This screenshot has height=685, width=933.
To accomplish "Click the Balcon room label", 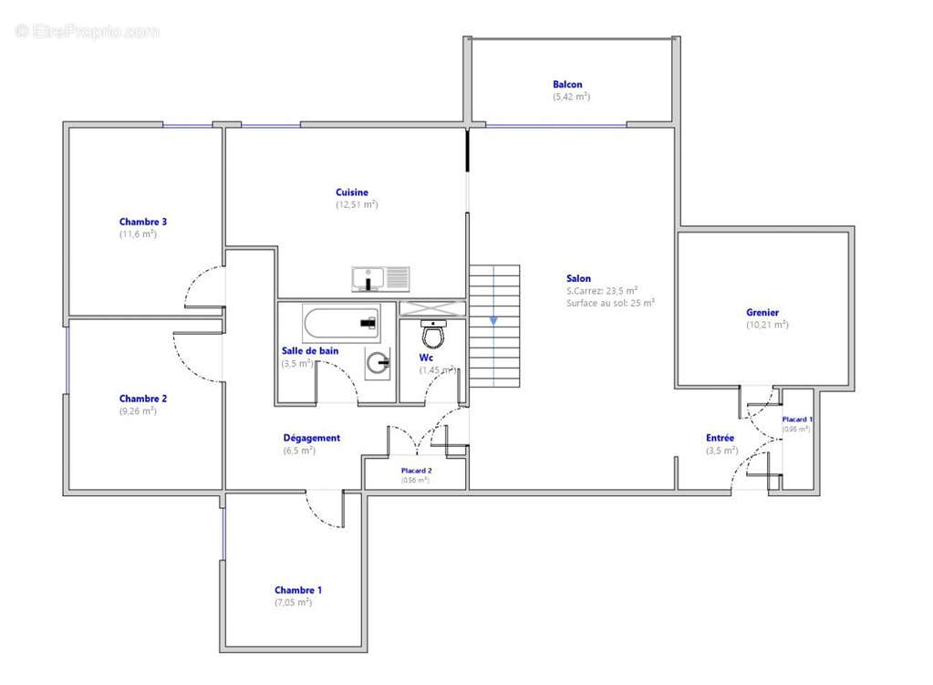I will pyautogui.click(x=567, y=85).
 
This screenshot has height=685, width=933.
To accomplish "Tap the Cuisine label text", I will pyautogui.click(x=352, y=192).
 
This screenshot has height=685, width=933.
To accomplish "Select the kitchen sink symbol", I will pyautogui.click(x=380, y=277).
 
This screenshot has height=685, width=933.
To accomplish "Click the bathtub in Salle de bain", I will pyautogui.click(x=340, y=323).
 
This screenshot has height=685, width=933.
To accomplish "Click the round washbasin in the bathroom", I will pyautogui.click(x=378, y=363).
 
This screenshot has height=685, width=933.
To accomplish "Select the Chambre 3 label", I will pyautogui.click(x=143, y=222).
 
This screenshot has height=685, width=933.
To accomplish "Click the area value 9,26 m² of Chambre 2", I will pyautogui.click(x=137, y=411).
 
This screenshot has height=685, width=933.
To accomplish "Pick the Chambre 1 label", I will pyautogui.click(x=298, y=590).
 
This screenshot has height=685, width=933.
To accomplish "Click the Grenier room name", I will pyautogui.click(x=762, y=313).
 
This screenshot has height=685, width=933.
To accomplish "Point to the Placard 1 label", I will pyautogui.click(x=796, y=420).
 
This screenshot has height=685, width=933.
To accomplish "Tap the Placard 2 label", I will pyautogui.click(x=416, y=471).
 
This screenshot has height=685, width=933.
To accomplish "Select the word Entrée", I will pyautogui.click(x=720, y=438).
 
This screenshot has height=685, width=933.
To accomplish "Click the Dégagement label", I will pyautogui.click(x=311, y=438).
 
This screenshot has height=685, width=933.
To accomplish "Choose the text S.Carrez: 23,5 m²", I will pyautogui.click(x=601, y=291).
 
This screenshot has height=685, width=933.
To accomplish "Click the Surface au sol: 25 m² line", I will pyautogui.click(x=610, y=303).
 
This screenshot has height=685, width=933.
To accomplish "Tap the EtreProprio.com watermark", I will pyautogui.click(x=88, y=32).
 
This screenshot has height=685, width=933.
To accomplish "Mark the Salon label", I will pyautogui.click(x=578, y=278).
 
